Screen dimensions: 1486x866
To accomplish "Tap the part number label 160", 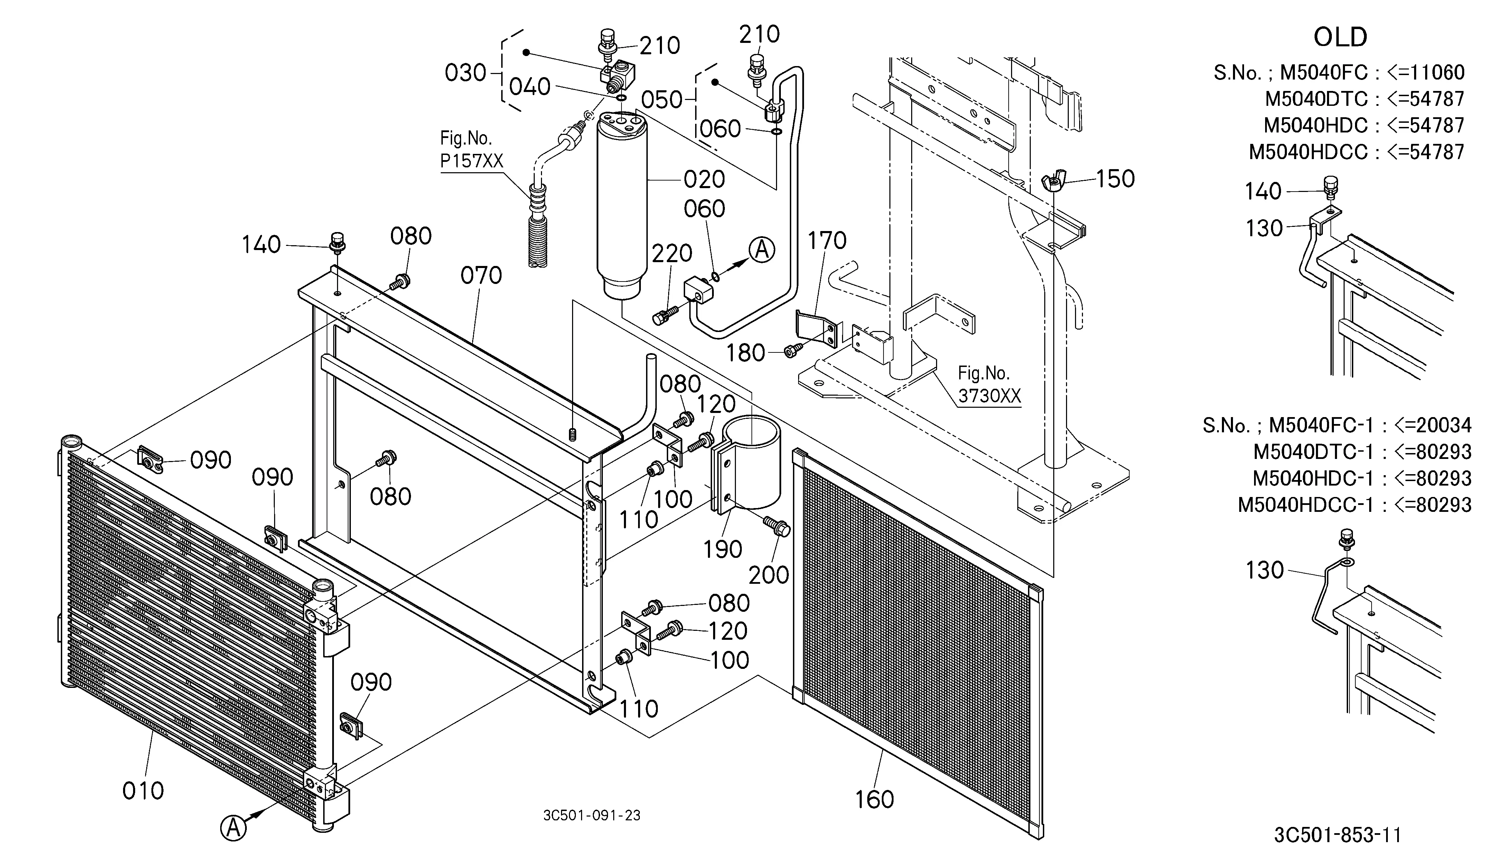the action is [x=875, y=799].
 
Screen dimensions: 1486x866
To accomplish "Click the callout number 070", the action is [x=481, y=276].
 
